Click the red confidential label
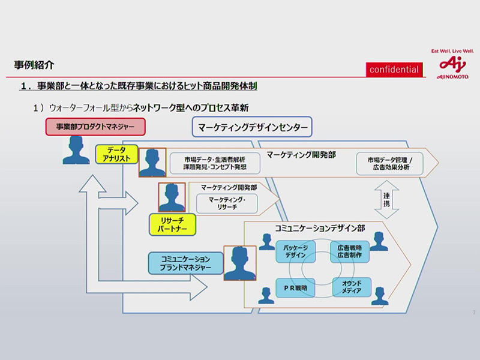tap(394, 70)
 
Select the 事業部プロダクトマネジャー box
tap(95, 127)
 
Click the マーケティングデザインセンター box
tap(252, 127)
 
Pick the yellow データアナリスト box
tap(117, 154)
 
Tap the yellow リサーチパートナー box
tap(173, 225)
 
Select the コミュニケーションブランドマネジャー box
tap(185, 263)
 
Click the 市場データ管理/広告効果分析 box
tap(390, 163)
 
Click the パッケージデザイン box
tap(295, 251)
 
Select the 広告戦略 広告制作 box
tap(350, 251)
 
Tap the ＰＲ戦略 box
tap(295, 288)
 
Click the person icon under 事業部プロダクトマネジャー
tap(76, 150)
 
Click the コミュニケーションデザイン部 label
tap(319, 228)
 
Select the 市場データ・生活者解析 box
tap(215, 163)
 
